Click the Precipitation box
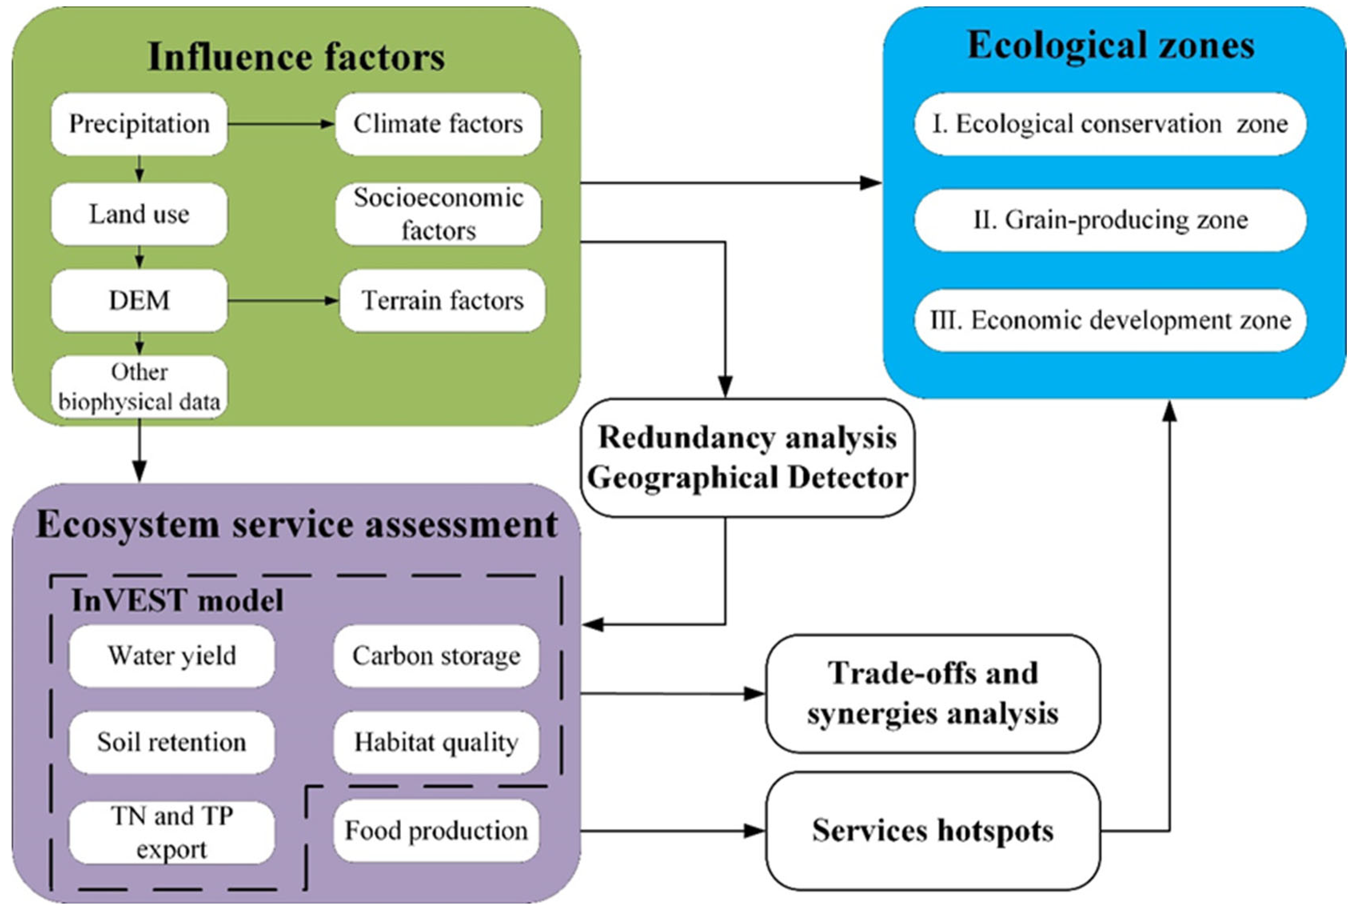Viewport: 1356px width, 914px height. tap(139, 124)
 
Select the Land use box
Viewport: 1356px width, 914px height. tap(139, 214)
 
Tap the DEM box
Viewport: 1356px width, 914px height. tap(139, 300)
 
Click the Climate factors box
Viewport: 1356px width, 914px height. tap(438, 124)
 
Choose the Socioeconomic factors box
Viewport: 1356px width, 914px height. tap(438, 214)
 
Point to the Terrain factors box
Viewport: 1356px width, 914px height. tap(443, 300)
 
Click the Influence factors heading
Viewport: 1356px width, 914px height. tap(297, 56)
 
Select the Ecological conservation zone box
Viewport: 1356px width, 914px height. tap(1110, 124)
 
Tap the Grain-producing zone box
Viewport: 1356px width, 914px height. tap(1110, 220)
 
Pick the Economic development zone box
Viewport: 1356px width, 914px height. tap(1110, 320)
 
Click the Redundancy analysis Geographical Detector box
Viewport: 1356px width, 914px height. tap(747, 458)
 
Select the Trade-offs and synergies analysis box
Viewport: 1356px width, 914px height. tap(933, 694)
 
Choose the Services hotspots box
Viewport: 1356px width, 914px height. tap(933, 831)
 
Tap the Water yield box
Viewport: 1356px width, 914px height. tap(172, 656)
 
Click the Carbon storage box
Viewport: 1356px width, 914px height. tap(436, 656)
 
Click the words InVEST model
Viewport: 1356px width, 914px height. tap(177, 600)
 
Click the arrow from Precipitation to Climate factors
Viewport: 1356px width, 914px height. tap(281, 124)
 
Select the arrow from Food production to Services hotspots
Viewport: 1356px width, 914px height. tap(673, 831)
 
